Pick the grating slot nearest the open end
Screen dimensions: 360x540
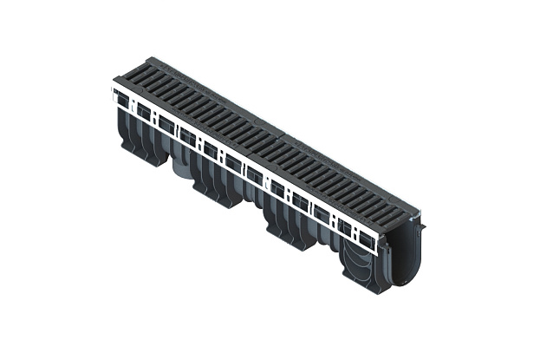tap(394, 208)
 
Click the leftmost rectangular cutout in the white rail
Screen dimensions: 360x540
tap(122, 101)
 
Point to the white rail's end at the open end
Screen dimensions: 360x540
tap(379, 247)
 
